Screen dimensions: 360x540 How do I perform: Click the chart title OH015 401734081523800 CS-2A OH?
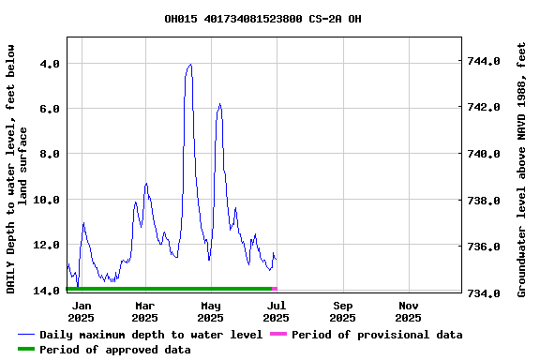coord(262,19)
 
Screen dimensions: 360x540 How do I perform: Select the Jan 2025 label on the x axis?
coord(82,311)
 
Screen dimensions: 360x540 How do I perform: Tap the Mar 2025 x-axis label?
coord(145,311)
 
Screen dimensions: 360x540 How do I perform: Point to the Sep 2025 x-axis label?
coord(343,311)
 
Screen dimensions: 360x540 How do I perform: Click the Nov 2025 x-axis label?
coord(409,311)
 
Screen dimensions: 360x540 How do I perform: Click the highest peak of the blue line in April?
coord(190,65)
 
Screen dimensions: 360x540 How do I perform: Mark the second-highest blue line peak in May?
coord(219,104)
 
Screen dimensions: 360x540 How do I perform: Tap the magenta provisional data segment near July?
coord(275,289)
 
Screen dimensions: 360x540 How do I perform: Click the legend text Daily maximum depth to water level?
coord(151,335)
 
